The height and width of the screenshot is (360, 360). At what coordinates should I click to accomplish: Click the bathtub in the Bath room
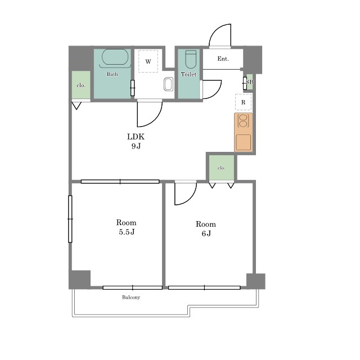pyautogui.click(x=115, y=57)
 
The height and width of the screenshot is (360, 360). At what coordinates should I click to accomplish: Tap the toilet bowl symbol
pyautogui.click(x=191, y=59)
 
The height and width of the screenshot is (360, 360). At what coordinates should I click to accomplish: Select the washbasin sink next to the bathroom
pyautogui.click(x=168, y=84)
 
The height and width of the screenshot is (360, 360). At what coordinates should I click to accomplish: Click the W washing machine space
pyautogui.click(x=148, y=61)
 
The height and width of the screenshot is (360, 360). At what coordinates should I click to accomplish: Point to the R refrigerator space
pyautogui.click(x=243, y=102)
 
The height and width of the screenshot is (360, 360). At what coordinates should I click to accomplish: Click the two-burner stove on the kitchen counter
pyautogui.click(x=242, y=121)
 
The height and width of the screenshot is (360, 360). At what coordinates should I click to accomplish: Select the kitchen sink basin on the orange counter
pyautogui.click(x=244, y=142)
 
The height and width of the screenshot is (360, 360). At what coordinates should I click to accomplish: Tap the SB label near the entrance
pyautogui.click(x=250, y=82)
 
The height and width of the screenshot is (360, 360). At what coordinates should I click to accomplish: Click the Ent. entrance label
pyautogui.click(x=223, y=58)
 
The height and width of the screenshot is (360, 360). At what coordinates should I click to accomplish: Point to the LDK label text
pyautogui.click(x=136, y=137)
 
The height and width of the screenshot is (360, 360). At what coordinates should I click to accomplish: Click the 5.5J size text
pyautogui.click(x=127, y=232)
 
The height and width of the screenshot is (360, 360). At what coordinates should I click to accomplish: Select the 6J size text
pyautogui.click(x=206, y=233)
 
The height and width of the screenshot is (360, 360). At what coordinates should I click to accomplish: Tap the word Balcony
pyautogui.click(x=131, y=298)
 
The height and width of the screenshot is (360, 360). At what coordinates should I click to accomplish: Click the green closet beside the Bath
pyautogui.click(x=81, y=85)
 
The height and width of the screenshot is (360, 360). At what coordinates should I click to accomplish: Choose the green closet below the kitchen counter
pyautogui.click(x=222, y=168)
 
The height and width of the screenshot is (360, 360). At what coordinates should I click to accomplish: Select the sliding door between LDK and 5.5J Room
pyautogui.click(x=120, y=182)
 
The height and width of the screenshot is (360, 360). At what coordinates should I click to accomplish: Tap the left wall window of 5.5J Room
pyautogui.click(x=70, y=219)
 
